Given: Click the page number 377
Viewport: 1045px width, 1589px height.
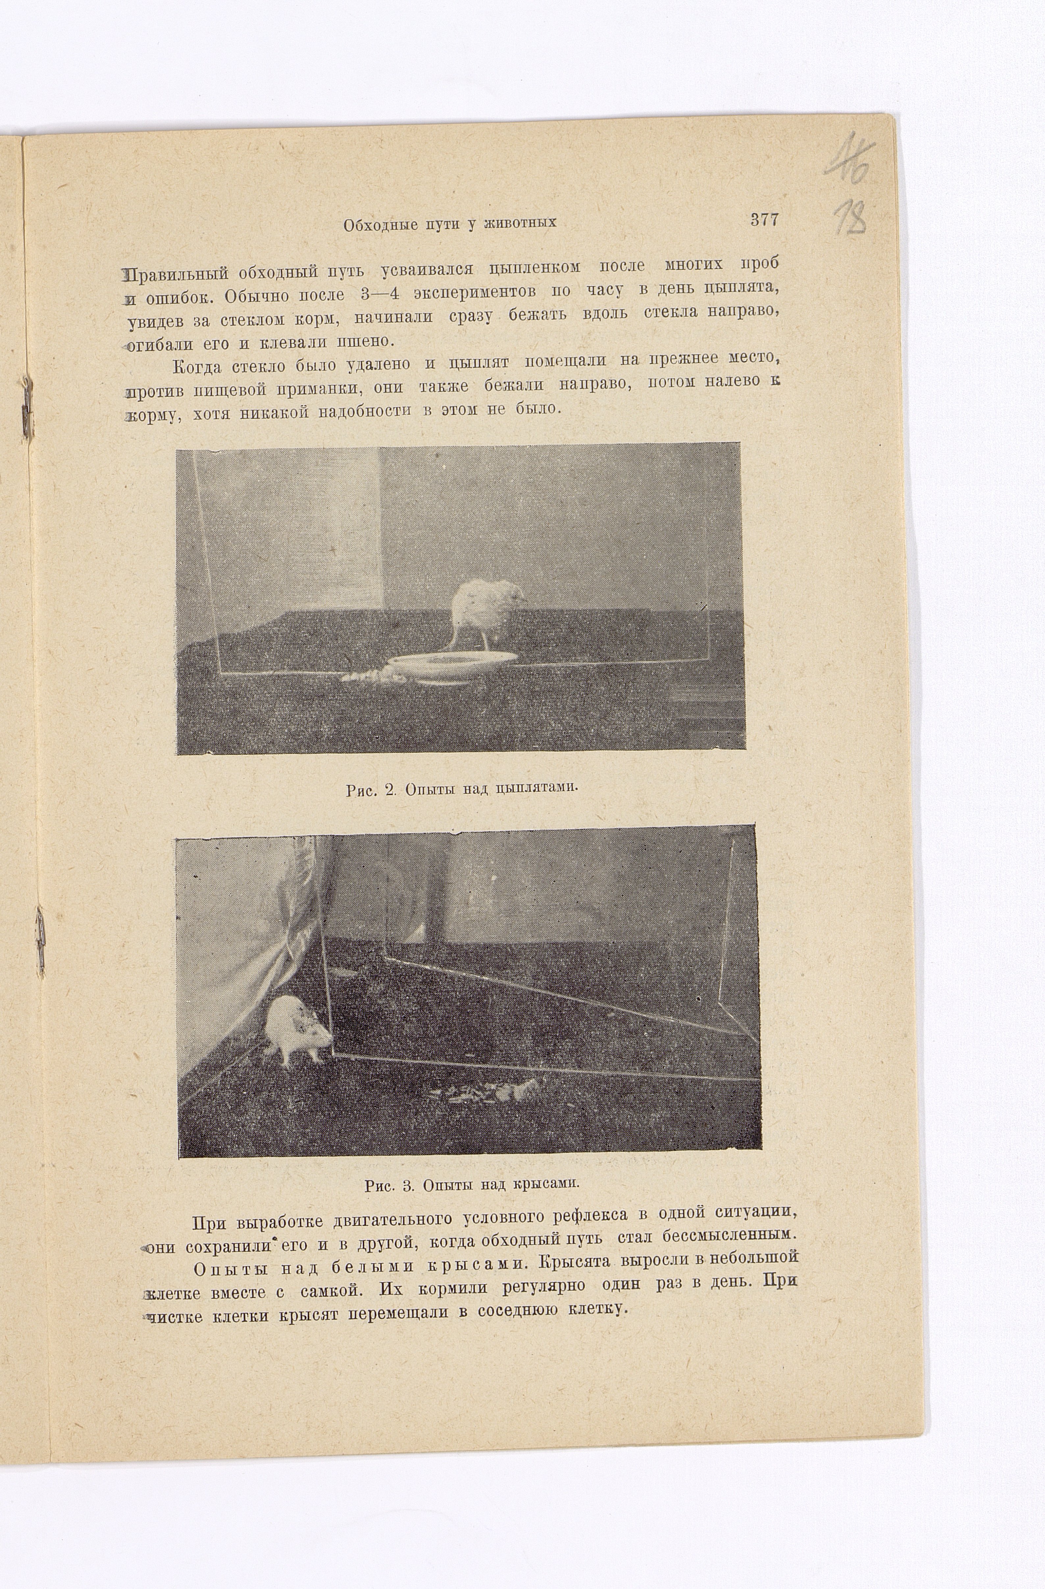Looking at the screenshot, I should pos(764,220).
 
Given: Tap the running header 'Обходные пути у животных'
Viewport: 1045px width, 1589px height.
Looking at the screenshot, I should pos(450,224).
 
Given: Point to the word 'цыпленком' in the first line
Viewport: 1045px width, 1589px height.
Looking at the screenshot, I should pos(534,267).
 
